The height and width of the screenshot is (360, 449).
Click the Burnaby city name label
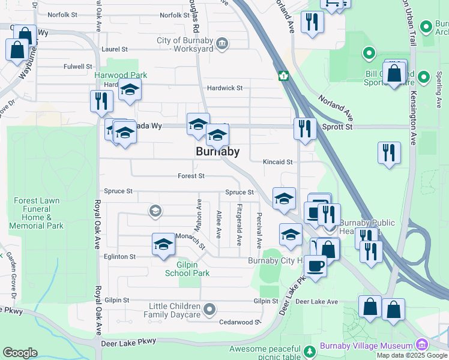218,152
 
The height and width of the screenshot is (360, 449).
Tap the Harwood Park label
120,75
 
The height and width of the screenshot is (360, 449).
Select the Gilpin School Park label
187,268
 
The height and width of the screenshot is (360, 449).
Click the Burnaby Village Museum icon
421,345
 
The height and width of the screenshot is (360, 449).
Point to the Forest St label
191,176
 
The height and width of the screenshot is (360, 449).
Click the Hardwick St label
224,88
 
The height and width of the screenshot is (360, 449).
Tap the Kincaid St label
277,162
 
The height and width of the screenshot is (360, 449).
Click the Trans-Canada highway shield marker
283,76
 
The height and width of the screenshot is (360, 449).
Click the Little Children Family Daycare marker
209,310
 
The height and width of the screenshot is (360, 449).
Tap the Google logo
20,352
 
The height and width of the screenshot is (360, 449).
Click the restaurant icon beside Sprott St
305,129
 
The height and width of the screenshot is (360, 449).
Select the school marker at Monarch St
163,244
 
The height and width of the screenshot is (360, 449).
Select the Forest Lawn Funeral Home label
37,213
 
